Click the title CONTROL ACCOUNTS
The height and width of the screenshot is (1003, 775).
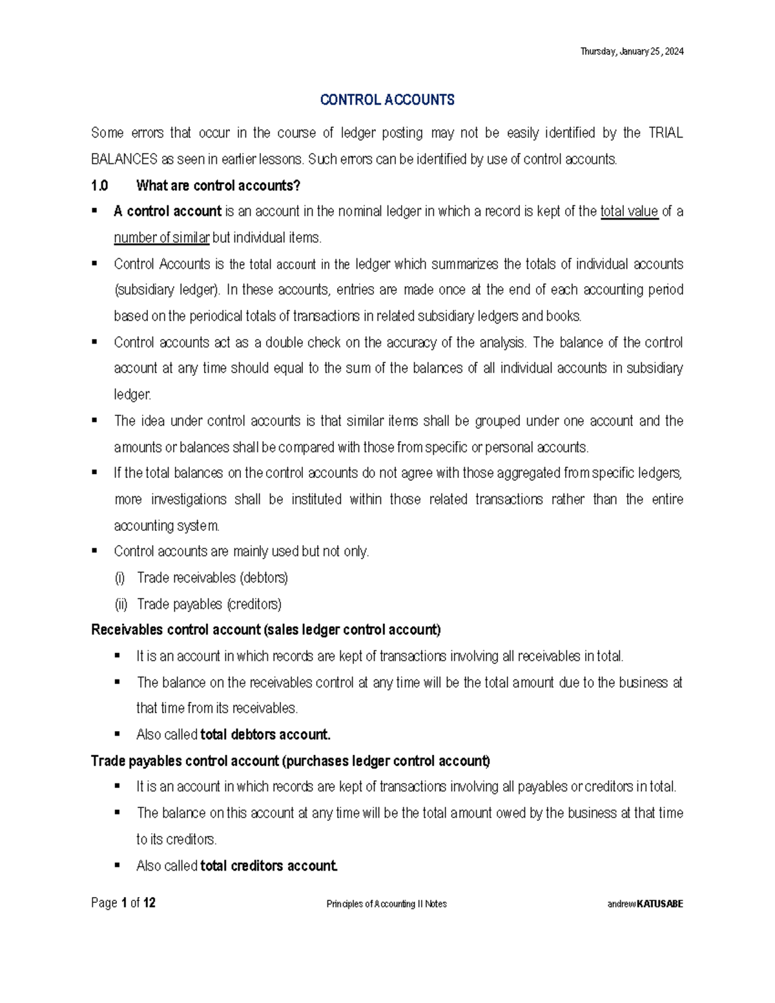coord(387,100)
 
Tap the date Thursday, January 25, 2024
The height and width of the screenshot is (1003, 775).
coord(632,52)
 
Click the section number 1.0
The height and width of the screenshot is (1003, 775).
coord(99,186)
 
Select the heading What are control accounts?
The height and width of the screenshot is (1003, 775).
coord(218,186)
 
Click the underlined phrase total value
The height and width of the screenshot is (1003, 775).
coord(629,212)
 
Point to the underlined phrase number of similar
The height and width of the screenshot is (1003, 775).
coord(161,238)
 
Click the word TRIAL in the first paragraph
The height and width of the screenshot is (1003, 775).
coord(665,133)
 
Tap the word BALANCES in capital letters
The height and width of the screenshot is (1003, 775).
coord(124,160)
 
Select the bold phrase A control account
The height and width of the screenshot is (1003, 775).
coord(167,212)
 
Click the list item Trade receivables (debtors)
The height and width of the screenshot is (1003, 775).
coord(212,578)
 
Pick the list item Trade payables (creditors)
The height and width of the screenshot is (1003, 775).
coord(209,605)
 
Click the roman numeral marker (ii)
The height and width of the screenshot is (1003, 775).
coord(121,605)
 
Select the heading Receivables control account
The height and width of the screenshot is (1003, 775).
coord(265,630)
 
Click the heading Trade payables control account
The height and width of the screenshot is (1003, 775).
coord(290,761)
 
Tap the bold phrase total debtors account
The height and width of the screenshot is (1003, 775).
coord(265,735)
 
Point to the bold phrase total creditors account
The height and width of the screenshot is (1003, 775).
coord(269,866)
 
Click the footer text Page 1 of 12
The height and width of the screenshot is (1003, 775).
coord(123,903)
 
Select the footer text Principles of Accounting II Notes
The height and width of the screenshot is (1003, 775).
coord(386,904)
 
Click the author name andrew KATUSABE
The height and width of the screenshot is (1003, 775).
coord(645,904)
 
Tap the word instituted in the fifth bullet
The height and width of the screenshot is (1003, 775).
coord(316,500)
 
